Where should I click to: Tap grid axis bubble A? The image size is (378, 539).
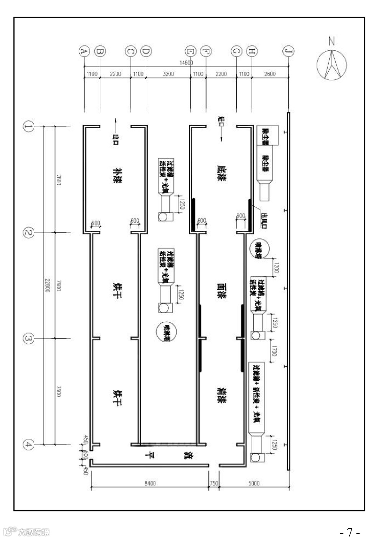coord(84,51)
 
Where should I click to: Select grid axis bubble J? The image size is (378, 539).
coord(288,51)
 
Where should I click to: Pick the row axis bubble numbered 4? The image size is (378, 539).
coord(28,445)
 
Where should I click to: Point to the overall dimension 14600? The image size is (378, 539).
coord(187,63)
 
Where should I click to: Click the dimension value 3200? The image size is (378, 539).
coord(168,74)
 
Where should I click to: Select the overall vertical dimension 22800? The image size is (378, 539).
coord(47,285)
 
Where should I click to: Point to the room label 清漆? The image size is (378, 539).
coord(221,395)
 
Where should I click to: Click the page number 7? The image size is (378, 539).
coord(350,532)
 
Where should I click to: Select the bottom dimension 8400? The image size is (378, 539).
coord(150,483)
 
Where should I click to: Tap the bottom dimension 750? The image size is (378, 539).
coord(214,483)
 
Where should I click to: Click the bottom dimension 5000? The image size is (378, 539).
coord(254,483)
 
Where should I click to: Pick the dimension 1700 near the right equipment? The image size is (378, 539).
coord(274,351)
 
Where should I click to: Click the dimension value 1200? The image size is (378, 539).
coord(276,265)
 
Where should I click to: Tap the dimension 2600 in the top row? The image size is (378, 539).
coord(270,74)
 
